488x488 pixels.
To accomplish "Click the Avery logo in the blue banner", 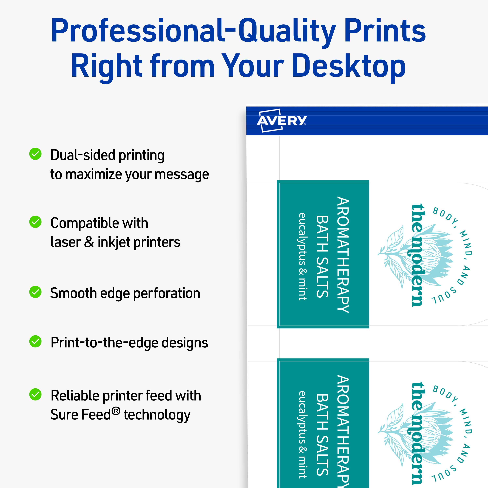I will tap(281, 121).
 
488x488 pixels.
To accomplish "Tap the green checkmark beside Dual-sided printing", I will tap(35, 154).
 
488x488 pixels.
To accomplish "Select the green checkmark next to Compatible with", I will tap(35, 222).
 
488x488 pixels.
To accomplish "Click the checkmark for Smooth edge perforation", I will tap(35, 292).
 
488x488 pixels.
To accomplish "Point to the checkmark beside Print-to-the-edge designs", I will tap(35, 341).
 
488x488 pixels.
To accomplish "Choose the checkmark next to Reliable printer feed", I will tap(35, 394).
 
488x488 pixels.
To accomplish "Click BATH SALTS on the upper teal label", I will tap(322, 256).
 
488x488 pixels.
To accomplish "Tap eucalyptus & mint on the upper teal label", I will tap(303, 256).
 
